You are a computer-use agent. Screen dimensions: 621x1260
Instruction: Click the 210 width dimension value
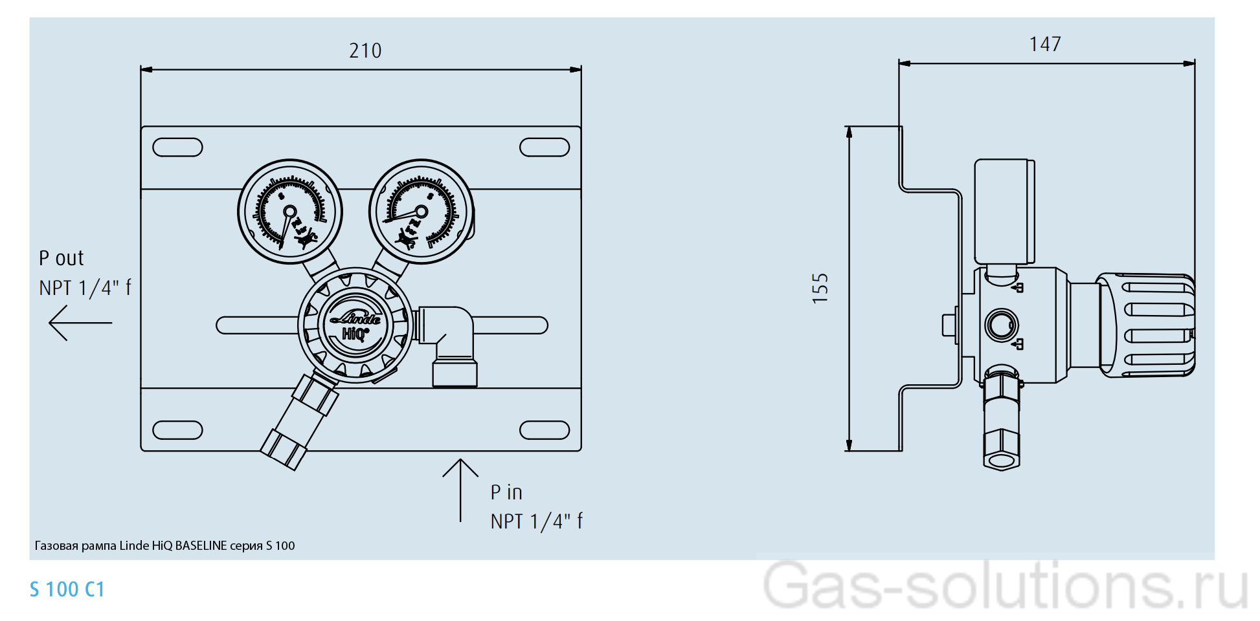(x=365, y=50)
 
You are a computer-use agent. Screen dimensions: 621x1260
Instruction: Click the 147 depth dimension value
(x=1045, y=44)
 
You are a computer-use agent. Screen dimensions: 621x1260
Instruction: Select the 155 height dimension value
(x=820, y=289)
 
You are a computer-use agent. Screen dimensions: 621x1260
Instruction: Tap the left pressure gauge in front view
(x=290, y=212)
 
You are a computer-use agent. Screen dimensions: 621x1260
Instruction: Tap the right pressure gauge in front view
(x=421, y=212)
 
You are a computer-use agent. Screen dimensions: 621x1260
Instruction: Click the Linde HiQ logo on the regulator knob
(x=355, y=325)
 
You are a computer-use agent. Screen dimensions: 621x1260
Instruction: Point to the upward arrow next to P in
(x=460, y=489)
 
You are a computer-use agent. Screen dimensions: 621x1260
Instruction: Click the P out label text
(x=62, y=258)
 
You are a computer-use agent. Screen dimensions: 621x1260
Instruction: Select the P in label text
(x=506, y=492)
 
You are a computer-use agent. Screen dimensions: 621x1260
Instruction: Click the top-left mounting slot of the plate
(x=177, y=147)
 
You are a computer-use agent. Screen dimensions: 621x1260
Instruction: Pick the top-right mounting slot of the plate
(x=545, y=147)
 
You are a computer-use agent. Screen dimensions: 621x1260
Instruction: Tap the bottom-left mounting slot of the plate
(x=177, y=430)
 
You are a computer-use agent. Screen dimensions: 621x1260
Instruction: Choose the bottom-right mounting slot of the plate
(x=545, y=430)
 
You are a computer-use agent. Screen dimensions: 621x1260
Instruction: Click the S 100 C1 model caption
(x=67, y=589)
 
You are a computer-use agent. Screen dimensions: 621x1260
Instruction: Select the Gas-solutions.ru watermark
(x=1005, y=586)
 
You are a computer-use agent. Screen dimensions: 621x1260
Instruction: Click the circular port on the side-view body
(x=1001, y=325)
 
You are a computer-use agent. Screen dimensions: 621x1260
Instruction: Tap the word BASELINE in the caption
(x=201, y=546)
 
